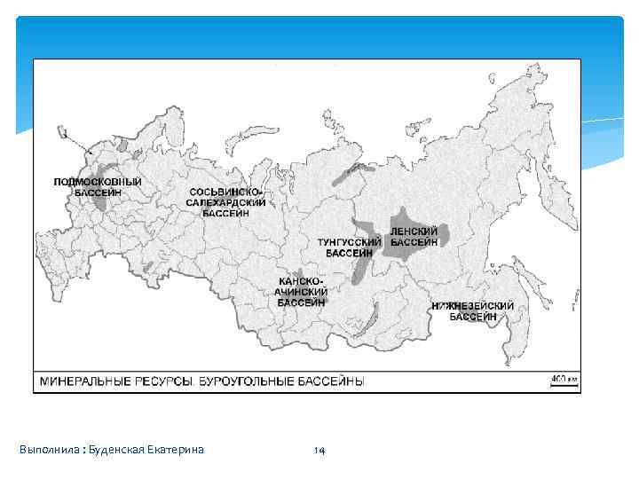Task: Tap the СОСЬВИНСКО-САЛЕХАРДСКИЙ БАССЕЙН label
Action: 225,203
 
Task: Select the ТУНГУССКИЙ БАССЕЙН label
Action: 350,247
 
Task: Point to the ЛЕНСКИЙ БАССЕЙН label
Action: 414,236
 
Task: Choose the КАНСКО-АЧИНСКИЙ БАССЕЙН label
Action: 302,291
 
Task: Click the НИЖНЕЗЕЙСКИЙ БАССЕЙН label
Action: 472,311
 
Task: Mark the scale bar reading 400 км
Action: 564,380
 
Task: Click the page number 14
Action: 319,451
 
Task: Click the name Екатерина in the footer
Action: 179,450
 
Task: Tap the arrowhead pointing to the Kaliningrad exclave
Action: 91,153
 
